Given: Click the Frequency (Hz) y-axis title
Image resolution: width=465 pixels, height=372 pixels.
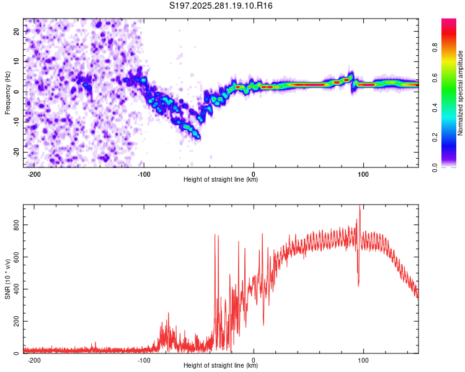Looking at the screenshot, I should [7, 92].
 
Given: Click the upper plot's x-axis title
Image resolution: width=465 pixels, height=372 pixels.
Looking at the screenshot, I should [221, 180].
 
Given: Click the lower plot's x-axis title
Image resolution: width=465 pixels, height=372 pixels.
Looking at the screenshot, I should [221, 366].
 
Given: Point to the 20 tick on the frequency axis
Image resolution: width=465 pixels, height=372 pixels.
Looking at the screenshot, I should [17, 31].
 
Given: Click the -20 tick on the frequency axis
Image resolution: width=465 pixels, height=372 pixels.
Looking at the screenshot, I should [16, 152].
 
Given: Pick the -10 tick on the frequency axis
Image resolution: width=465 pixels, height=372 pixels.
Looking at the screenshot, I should [16, 122].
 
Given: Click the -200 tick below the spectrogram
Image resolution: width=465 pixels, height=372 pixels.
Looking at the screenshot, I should [35, 174].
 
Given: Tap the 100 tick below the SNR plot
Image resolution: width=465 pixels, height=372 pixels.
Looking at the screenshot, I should [363, 360].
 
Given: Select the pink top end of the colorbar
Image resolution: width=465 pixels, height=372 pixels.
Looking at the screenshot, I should [448, 22].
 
